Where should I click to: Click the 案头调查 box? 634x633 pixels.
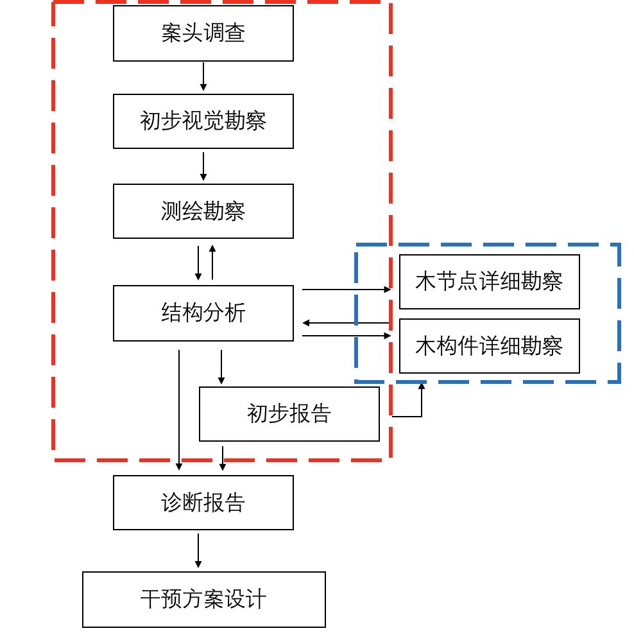(x=203, y=33)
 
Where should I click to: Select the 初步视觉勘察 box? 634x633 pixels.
(x=203, y=121)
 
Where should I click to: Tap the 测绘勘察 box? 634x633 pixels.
(x=203, y=211)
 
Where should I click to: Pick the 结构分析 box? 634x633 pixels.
(x=203, y=313)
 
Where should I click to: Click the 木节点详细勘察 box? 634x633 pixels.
(x=489, y=282)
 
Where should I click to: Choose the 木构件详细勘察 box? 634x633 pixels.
(x=489, y=346)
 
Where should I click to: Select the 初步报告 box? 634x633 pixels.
(x=289, y=413)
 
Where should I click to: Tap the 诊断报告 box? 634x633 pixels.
(x=203, y=503)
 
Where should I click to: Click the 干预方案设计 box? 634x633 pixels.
(x=203, y=600)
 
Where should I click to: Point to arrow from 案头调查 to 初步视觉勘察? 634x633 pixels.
(x=203, y=77)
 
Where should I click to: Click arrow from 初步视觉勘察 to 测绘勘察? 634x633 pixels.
(x=203, y=166)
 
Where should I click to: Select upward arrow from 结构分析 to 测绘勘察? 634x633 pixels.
(x=212, y=262)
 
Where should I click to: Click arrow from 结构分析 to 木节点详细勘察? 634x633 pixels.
(x=347, y=290)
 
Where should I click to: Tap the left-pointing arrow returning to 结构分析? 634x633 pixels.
(x=347, y=322)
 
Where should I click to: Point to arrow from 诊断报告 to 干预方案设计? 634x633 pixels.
(x=198, y=551)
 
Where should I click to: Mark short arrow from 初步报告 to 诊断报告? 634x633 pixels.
(x=223, y=458)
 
